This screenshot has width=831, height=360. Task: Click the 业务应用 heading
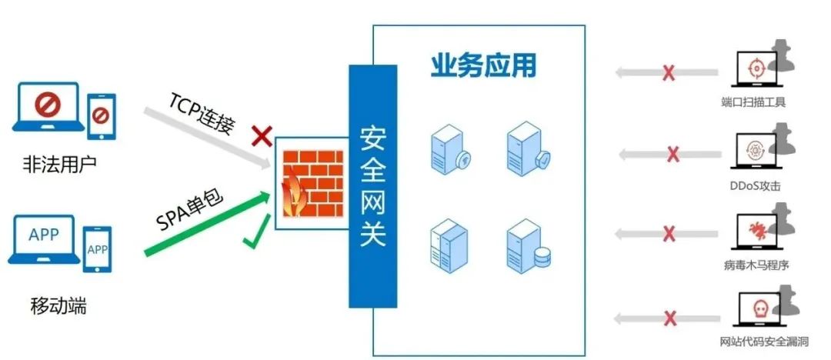(483, 65)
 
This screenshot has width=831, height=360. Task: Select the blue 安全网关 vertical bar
(372, 186)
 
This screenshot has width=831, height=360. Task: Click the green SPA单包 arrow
(207, 225)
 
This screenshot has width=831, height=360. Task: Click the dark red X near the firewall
(262, 135)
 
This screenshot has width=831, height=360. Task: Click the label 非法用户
(59, 164)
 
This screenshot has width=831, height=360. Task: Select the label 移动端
(58, 306)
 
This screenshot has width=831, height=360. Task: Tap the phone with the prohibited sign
(102, 117)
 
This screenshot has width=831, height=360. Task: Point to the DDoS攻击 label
(755, 186)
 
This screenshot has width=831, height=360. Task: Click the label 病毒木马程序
(756, 264)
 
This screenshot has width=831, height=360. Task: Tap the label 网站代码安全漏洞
(764, 341)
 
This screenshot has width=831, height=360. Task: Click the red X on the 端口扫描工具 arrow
(669, 72)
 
